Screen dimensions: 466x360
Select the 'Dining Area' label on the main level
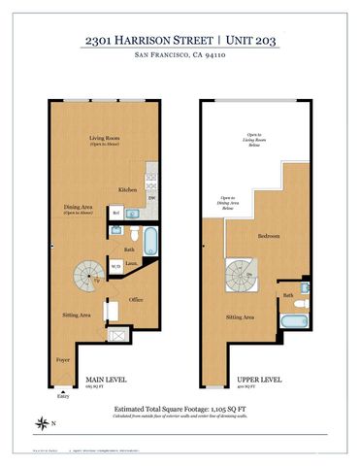pos(77,207)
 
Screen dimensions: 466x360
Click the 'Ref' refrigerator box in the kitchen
pos(116,213)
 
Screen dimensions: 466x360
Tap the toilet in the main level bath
pos(116,233)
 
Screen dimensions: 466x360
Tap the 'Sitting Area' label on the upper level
pos(241,317)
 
